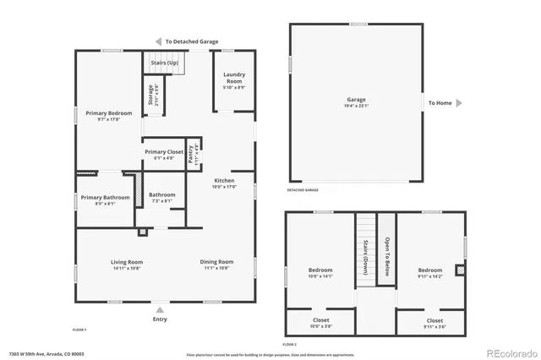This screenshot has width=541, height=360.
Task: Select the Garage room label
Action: click(x=356, y=99)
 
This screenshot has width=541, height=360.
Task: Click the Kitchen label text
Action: click(x=224, y=181)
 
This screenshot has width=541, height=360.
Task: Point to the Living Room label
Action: click(x=127, y=261)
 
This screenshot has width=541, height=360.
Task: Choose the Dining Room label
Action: click(x=216, y=261)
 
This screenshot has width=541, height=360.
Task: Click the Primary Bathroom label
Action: click(x=106, y=197)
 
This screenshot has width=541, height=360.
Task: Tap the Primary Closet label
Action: click(x=164, y=152)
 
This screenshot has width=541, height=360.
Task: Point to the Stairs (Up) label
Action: click(x=165, y=63)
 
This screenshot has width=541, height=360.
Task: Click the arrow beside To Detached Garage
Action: click(x=157, y=41)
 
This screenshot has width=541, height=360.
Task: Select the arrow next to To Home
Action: click(x=459, y=103)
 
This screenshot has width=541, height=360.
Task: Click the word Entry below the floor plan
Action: click(x=160, y=319)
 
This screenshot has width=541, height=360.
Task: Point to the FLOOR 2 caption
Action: click(x=290, y=344)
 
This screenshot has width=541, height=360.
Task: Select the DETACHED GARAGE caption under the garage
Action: click(x=303, y=190)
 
